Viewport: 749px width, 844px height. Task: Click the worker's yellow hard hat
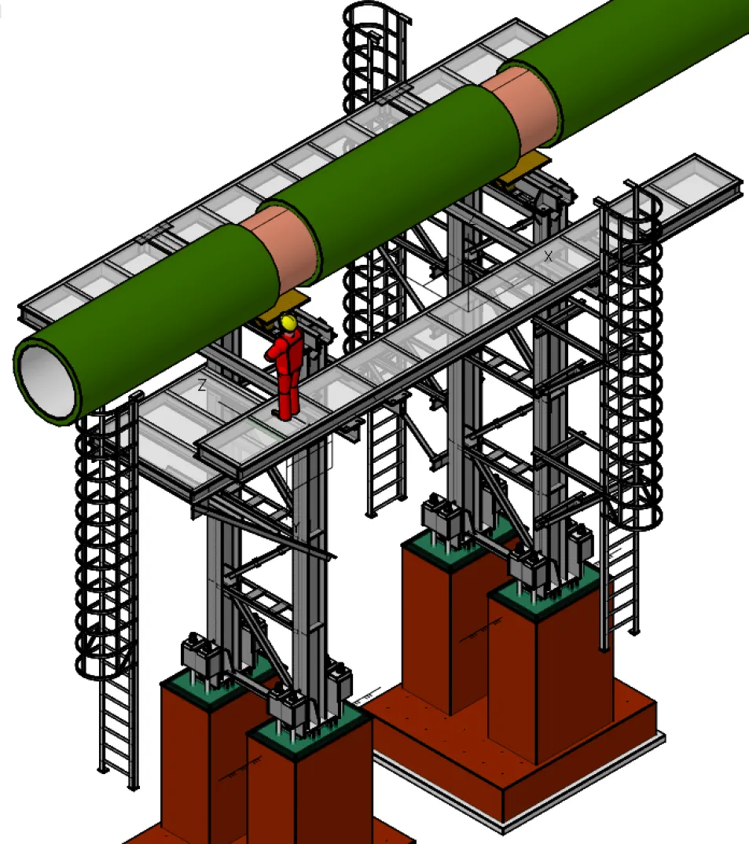[288, 322]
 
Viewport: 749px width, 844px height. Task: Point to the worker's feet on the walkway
[284, 415]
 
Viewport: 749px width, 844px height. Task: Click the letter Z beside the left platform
[202, 385]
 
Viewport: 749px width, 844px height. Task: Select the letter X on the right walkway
[548, 256]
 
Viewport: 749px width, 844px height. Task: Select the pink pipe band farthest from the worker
[525, 107]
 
